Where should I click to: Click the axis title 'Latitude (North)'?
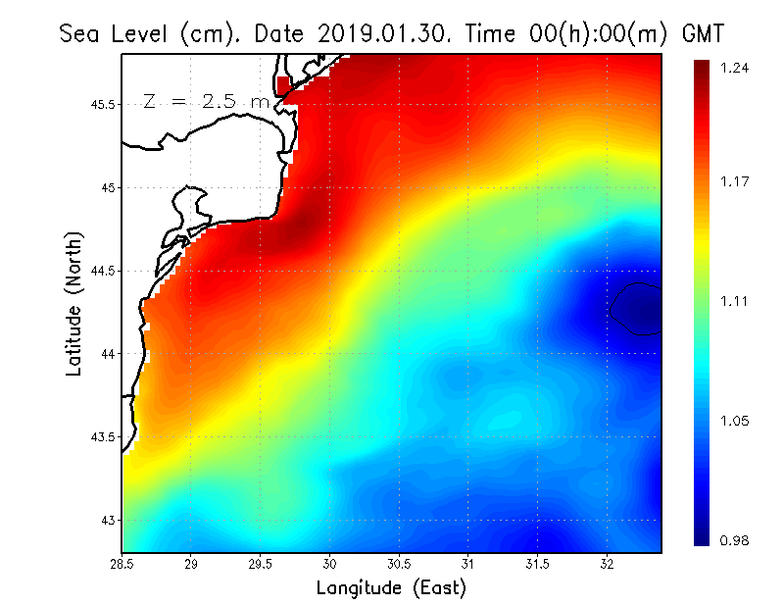point(73,304)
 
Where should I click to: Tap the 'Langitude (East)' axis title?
point(391,588)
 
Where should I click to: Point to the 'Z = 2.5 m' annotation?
point(206,101)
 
